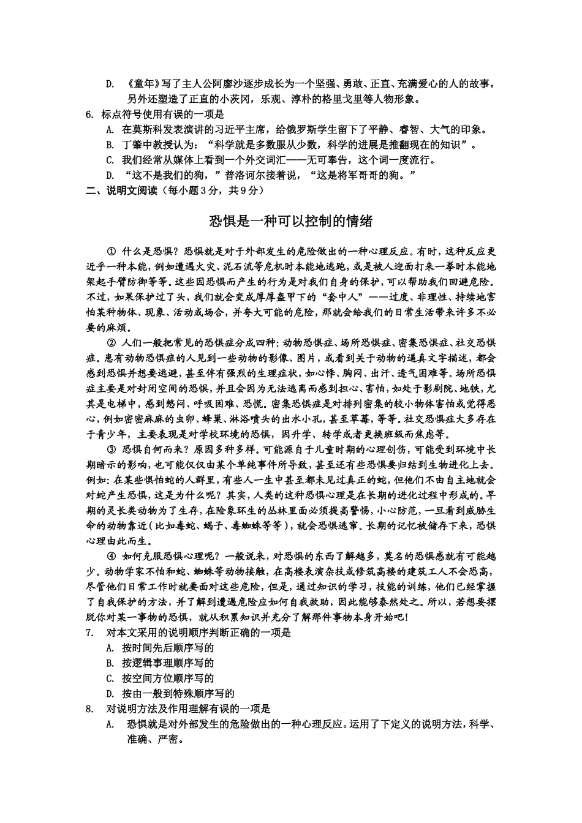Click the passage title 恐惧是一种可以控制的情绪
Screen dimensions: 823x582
pyautogui.click(x=290, y=221)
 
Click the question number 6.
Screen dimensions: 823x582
pyautogui.click(x=89, y=114)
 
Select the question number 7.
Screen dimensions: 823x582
pyautogui.click(x=89, y=633)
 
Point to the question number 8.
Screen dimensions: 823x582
pyautogui.click(x=89, y=709)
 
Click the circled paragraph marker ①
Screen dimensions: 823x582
pyautogui.click(x=111, y=251)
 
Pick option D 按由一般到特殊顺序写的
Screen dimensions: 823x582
pyautogui.click(x=178, y=694)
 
